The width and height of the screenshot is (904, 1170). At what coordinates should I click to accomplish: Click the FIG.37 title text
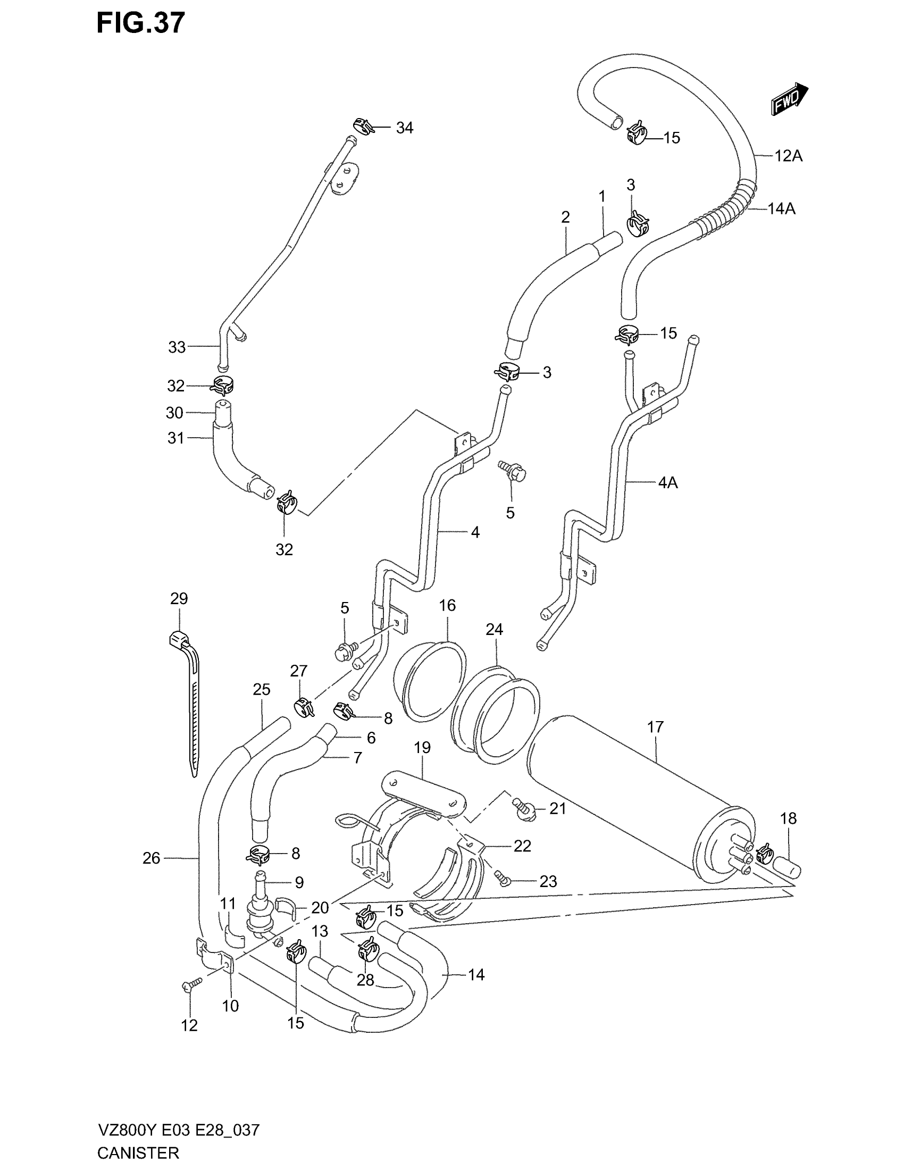click(x=140, y=23)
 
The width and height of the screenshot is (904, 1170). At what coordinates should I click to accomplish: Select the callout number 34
click(x=404, y=128)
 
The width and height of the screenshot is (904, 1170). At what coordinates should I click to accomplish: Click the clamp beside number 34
click(x=363, y=127)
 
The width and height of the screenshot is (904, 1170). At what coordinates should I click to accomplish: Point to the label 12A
click(x=788, y=156)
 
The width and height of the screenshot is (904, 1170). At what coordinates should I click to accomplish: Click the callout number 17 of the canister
click(x=655, y=727)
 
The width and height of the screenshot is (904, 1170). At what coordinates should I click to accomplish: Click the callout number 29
click(x=179, y=598)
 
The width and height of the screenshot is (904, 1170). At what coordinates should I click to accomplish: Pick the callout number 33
click(x=177, y=347)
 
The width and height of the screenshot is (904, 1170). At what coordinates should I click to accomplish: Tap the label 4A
click(x=667, y=483)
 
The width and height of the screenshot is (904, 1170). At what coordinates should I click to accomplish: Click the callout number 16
click(x=447, y=605)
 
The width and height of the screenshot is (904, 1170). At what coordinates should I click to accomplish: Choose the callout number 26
click(x=151, y=858)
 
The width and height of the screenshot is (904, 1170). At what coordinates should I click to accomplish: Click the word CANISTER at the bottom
click(x=138, y=1153)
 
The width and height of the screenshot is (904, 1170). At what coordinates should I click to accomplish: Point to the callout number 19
click(x=422, y=747)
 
